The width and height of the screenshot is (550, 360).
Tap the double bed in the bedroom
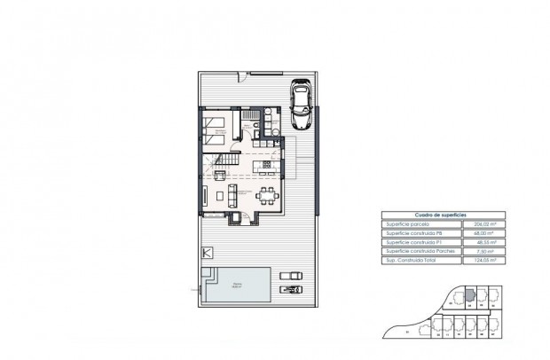[215, 131]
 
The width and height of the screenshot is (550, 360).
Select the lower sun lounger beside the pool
[287, 288]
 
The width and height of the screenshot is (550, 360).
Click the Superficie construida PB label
[412, 235]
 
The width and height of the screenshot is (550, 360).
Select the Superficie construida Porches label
[416, 253]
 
